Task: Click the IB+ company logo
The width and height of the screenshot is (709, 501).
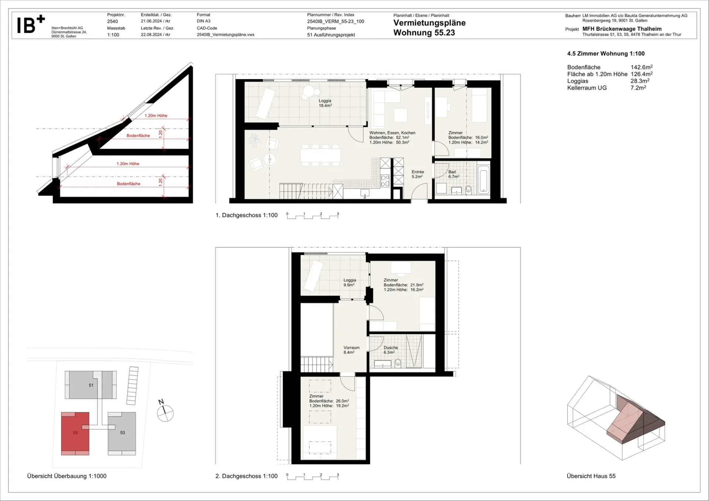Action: pyautogui.click(x=31, y=24)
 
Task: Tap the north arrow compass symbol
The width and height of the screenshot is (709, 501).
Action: pyautogui.click(x=165, y=412)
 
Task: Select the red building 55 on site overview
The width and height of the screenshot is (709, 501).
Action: pyautogui.click(x=75, y=433)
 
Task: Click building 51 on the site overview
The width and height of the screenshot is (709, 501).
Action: pyautogui.click(x=91, y=385)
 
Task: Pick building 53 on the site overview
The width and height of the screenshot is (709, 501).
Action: pyautogui.click(x=122, y=433)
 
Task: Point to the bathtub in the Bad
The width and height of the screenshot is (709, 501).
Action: pyautogui.click(x=483, y=180)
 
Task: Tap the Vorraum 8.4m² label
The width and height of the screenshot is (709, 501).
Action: pyautogui.click(x=351, y=350)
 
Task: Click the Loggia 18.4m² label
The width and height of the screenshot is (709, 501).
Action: pyautogui.click(x=325, y=103)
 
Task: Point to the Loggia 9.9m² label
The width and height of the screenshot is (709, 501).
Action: pyautogui.click(x=349, y=282)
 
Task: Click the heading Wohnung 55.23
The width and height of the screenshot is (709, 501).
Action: pyautogui.click(x=424, y=32)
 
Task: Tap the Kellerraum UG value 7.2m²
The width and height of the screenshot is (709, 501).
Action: pyautogui.click(x=638, y=88)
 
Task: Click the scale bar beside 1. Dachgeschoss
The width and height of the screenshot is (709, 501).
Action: pyautogui.click(x=312, y=216)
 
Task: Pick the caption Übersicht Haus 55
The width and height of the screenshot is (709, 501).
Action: pyautogui.click(x=591, y=476)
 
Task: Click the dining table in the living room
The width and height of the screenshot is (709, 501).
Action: pyautogui.click(x=320, y=154)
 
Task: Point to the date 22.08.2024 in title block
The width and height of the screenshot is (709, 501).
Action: pyautogui.click(x=151, y=35)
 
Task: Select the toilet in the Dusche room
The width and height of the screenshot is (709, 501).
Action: pyautogui.click(x=398, y=363)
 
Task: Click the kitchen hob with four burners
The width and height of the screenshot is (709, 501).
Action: pyautogui.click(x=385, y=180)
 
